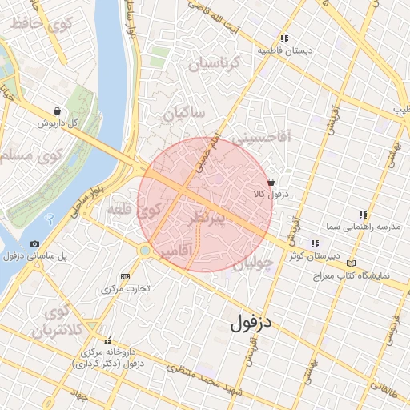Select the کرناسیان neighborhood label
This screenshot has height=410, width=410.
pos(214,63)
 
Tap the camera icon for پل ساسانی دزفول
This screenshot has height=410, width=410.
pos(34,243)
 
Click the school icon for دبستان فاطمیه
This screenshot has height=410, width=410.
pos(283,38)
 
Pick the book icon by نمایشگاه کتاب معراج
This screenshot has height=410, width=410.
pos(351,263)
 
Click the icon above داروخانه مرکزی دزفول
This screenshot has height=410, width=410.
pos(107,340)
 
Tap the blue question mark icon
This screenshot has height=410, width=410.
pos(50,218)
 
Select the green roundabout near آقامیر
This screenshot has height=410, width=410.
pos(145,251)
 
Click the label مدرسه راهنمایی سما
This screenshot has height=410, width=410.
pos(371,227)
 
